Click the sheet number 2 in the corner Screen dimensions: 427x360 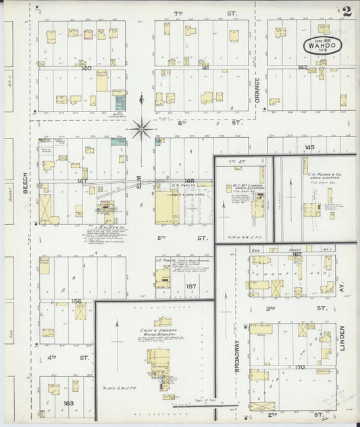[x=346, y=11]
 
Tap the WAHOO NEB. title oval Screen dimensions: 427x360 [x=322, y=45]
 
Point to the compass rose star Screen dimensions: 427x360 [x=142, y=126]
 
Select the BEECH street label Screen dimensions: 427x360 [x=25, y=182]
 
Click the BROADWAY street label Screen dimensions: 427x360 [x=237, y=354]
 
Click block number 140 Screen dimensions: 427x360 [x=85, y=68]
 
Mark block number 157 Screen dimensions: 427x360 [x=190, y=286]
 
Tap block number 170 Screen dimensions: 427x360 [x=300, y=368]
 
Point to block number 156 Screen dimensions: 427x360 [x=77, y=301]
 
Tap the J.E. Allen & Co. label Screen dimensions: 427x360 [x=107, y=228]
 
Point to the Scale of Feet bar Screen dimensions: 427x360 [x=196, y=405]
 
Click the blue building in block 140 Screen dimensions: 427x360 [x=120, y=103]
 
